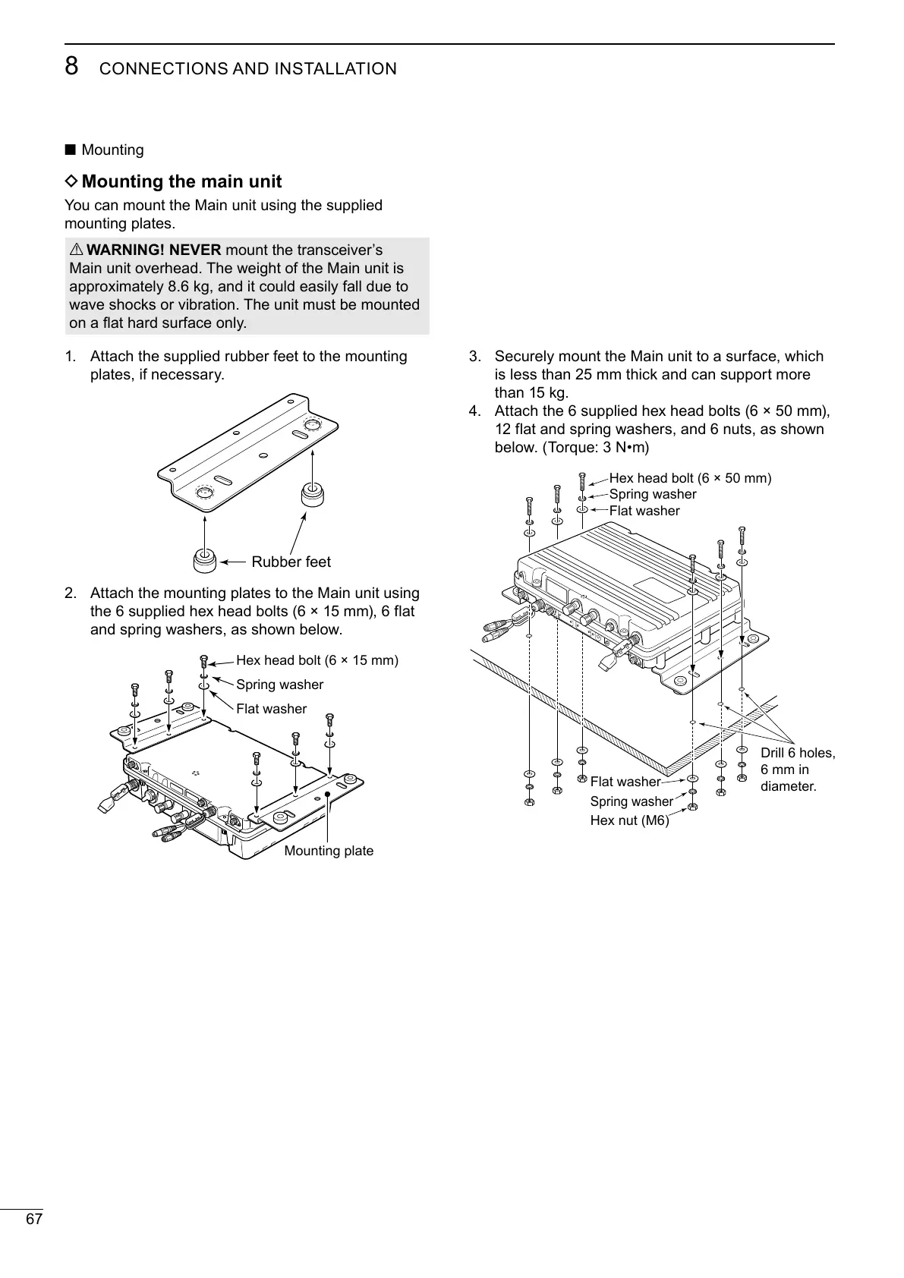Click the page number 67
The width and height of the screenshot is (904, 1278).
(34, 1220)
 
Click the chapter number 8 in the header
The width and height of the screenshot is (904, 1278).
(71, 67)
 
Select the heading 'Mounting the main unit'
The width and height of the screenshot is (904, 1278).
(181, 182)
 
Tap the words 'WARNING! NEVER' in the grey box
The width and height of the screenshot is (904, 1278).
(154, 250)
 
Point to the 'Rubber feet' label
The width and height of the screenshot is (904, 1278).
(291, 562)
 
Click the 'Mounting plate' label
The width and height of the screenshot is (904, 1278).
(329, 851)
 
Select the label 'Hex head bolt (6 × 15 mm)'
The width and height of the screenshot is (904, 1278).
(317, 660)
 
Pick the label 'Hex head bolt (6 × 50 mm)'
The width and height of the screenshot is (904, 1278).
(690, 478)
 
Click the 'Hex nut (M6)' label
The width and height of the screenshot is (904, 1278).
(629, 820)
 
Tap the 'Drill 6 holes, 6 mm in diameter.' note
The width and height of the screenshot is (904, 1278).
(796, 770)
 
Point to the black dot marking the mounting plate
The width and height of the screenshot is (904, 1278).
(327, 795)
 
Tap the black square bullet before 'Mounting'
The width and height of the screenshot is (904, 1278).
(71, 150)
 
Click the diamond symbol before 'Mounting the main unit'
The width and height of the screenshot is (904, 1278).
(71, 182)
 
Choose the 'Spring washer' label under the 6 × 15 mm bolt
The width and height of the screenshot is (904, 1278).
(279, 685)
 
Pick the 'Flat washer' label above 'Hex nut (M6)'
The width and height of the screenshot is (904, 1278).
(625, 782)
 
